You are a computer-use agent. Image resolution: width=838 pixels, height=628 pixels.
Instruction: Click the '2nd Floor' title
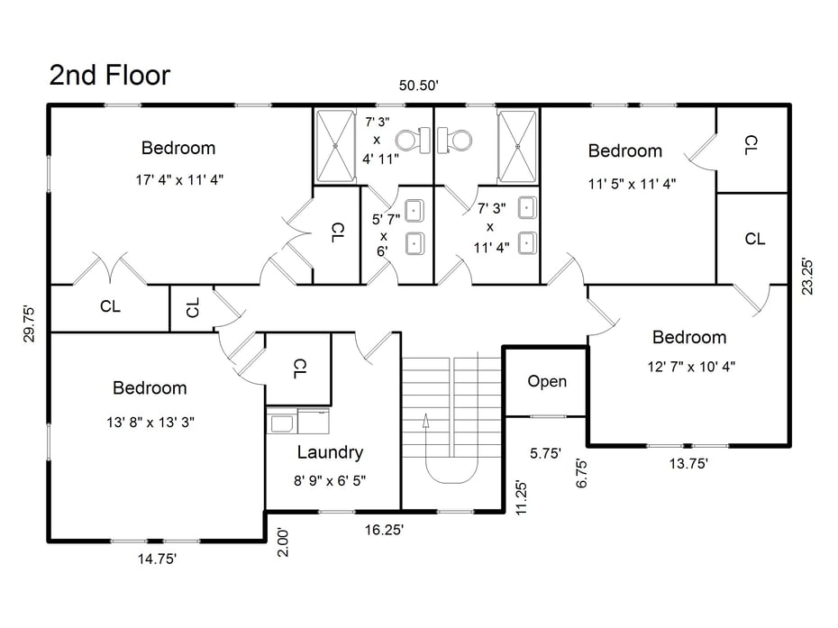tap(109, 76)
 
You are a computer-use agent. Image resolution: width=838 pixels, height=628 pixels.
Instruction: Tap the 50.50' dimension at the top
tap(419, 86)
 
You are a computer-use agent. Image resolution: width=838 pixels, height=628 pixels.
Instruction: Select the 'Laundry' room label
tap(330, 452)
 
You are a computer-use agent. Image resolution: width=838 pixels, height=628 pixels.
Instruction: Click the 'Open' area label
tap(547, 381)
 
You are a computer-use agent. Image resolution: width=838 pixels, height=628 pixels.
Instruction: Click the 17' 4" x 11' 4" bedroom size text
tap(179, 179)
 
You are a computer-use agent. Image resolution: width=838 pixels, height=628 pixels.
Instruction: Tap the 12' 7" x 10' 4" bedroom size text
tap(689, 367)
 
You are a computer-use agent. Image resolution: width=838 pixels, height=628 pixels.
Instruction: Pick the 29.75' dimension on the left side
tap(30, 322)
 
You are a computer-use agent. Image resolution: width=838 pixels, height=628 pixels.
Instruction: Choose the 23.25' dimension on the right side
tap(807, 277)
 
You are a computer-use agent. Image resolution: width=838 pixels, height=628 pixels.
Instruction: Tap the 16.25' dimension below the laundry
tap(383, 530)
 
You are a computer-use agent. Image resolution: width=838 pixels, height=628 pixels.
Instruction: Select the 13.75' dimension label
tap(688, 463)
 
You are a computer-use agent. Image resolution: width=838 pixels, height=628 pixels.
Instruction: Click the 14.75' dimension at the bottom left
tap(156, 559)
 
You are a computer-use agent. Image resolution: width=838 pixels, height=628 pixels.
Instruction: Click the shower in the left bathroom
tap(336, 146)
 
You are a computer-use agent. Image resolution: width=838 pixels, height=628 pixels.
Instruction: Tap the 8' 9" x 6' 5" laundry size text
tap(330, 480)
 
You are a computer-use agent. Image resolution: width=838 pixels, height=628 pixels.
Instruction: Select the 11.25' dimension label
tap(519, 495)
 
